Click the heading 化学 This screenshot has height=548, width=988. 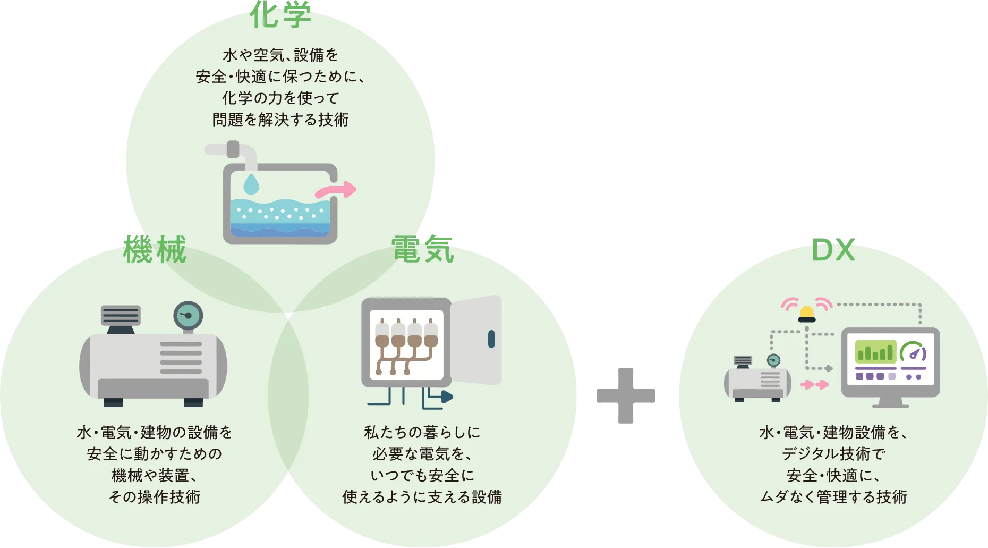(280, 15)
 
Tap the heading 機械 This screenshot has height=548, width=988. (155, 250)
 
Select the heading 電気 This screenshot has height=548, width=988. (423, 250)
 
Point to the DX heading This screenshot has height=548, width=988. (833, 251)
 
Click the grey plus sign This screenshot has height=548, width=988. (627, 395)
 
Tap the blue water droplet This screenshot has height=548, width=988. (251, 183)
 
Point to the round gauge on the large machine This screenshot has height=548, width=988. (188, 316)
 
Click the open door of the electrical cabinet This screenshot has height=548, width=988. (476, 340)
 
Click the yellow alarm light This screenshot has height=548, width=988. (807, 314)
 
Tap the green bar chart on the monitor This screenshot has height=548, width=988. (875, 351)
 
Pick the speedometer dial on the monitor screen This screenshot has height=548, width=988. (913, 352)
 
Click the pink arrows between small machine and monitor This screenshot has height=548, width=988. (814, 384)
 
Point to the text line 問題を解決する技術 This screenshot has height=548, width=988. (280, 120)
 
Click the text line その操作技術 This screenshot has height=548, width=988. (155, 496)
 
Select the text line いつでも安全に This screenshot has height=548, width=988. (422, 475)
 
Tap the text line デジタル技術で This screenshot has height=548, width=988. (833, 453)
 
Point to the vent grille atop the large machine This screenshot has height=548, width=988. (121, 315)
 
